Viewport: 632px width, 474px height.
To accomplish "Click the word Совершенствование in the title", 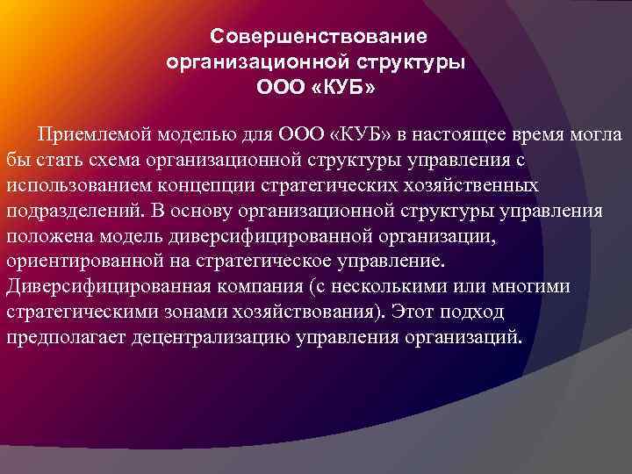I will coord(320,37).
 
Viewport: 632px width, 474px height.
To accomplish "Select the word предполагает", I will coord(63,338).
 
